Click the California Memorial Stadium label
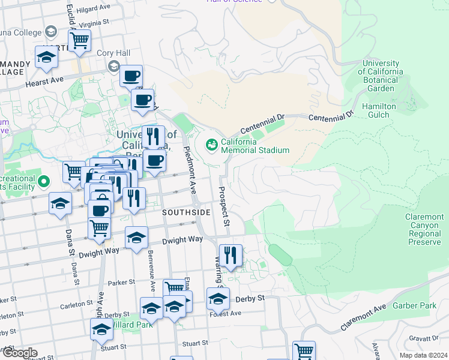(255, 146)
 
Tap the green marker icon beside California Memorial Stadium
(211, 145)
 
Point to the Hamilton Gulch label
(379, 110)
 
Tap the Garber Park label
(414, 305)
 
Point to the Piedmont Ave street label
(190, 170)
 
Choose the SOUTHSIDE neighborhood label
(187, 212)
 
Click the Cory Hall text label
(113, 53)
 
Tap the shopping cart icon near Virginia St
(79, 41)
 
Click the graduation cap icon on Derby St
(218, 299)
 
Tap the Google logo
(19, 353)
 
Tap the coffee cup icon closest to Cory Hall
(131, 77)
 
